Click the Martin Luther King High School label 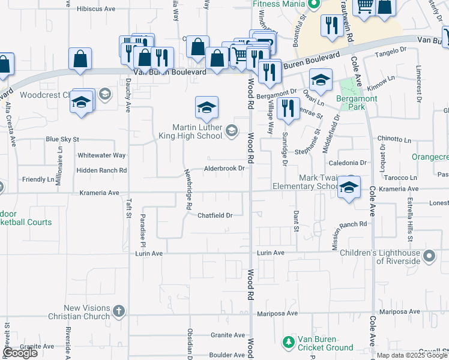click(x=197, y=131)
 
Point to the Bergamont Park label click(x=357, y=103)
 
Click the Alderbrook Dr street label click(x=224, y=169)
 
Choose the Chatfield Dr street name click(x=215, y=215)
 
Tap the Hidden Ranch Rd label click(x=101, y=170)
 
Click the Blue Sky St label click(x=62, y=139)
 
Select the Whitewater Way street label click(x=101, y=155)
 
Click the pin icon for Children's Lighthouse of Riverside click(x=429, y=257)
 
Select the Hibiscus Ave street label click(x=97, y=10)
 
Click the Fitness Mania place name click(x=278, y=4)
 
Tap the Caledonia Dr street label click(x=346, y=163)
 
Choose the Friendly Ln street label click(x=38, y=179)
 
